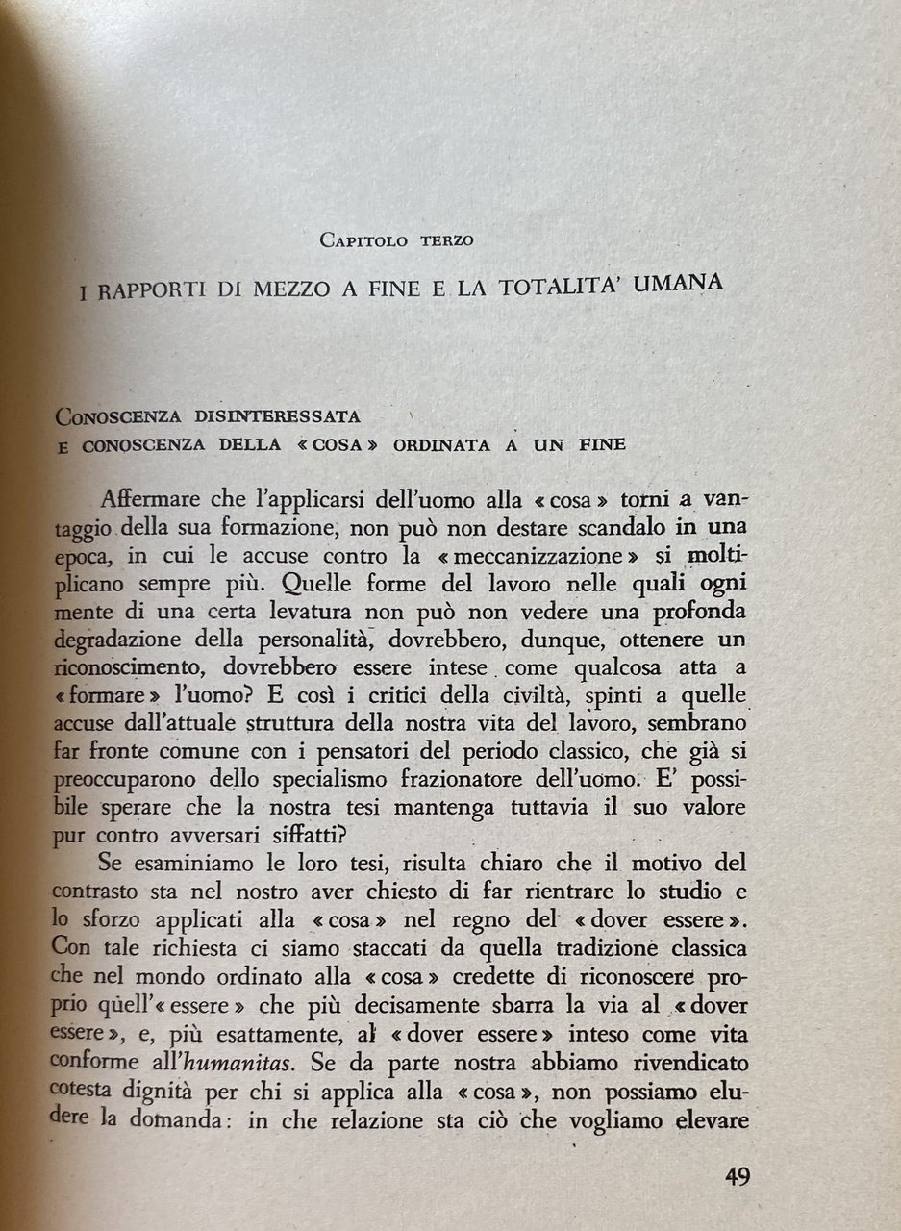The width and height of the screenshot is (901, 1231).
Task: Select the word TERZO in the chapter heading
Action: click(x=446, y=240)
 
